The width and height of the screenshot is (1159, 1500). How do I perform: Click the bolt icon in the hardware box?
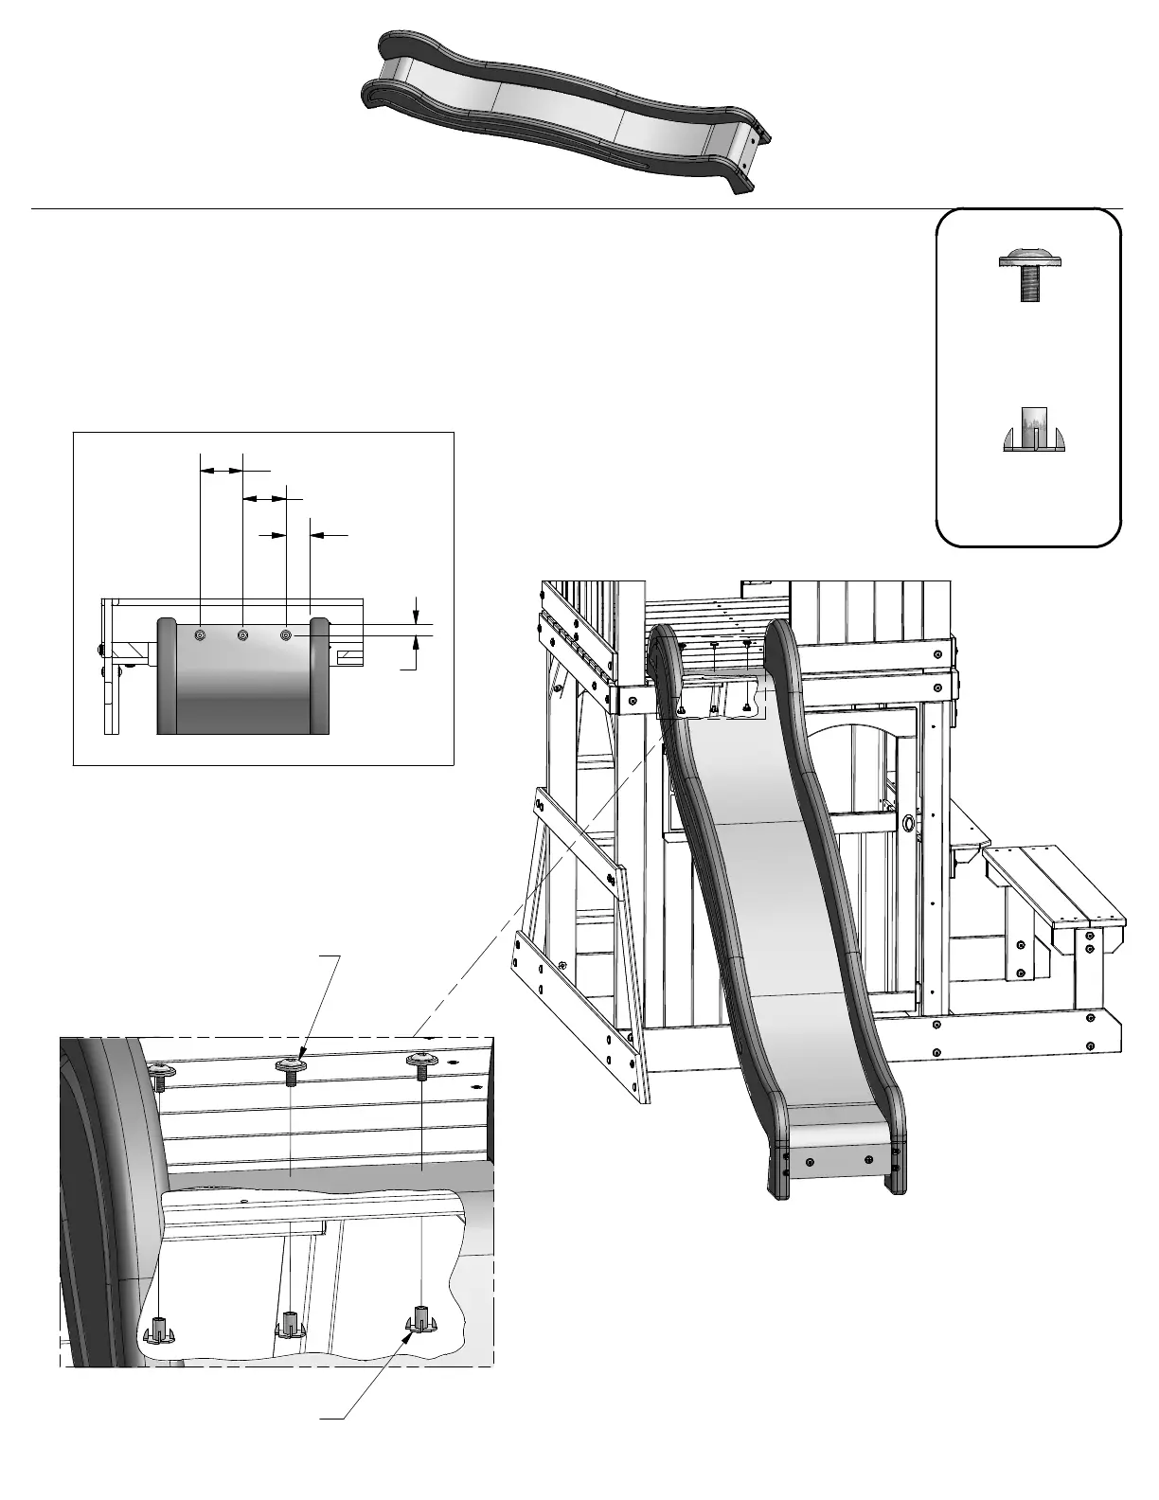click(1030, 274)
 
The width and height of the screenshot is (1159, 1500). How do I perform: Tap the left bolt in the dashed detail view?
click(162, 1073)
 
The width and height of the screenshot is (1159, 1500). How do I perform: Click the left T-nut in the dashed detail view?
click(159, 1328)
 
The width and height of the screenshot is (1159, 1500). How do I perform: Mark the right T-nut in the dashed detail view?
click(420, 1318)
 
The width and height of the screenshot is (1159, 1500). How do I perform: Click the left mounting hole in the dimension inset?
click(200, 635)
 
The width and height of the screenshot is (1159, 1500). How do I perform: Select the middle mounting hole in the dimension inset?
click(243, 634)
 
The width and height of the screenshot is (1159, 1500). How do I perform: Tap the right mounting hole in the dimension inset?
click(286, 634)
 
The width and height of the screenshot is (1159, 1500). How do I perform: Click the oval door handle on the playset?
click(908, 823)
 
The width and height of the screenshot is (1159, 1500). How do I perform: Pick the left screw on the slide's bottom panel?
click(810, 1161)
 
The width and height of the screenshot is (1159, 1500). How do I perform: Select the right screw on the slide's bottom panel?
click(869, 1158)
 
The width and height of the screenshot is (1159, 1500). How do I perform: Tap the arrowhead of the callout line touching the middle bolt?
click(300, 1056)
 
